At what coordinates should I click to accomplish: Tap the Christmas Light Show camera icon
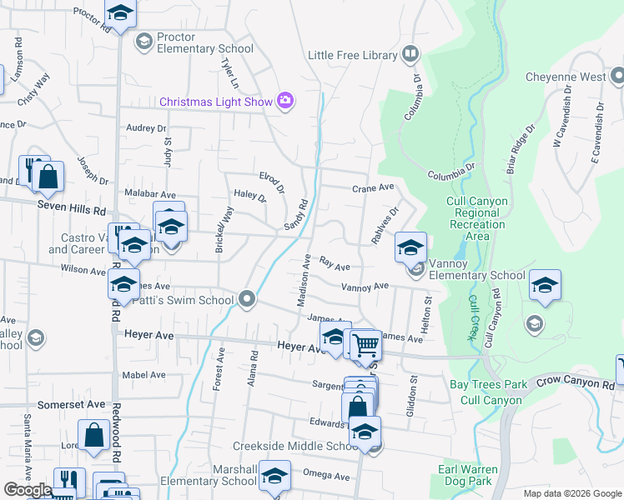pyautogui.click(x=286, y=101)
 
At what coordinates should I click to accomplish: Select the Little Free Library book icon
pyautogui.click(x=410, y=55)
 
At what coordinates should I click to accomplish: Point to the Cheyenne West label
pyautogui.click(x=566, y=77)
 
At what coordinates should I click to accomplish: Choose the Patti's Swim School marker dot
pyautogui.click(x=246, y=298)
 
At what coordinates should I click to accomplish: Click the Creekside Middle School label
pyautogui.click(x=294, y=447)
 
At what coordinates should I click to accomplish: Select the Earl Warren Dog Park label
pyautogui.click(x=479, y=476)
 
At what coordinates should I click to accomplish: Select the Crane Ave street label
pyautogui.click(x=372, y=188)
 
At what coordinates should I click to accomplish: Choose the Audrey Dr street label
pyautogui.click(x=147, y=128)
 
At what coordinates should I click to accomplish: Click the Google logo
pyautogui.click(x=28, y=490)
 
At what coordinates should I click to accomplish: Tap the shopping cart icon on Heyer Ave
pyautogui.click(x=365, y=343)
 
